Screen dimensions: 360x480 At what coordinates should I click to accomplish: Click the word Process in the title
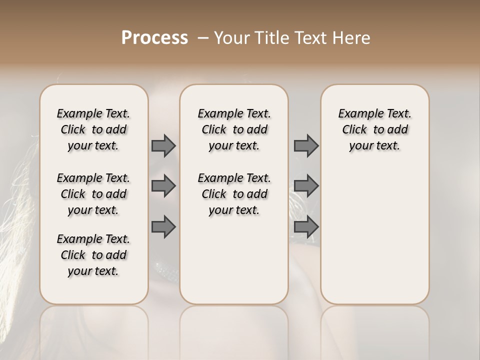154,38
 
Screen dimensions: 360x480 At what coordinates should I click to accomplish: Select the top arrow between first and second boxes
163,145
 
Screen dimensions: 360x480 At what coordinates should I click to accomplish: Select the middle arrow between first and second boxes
163,186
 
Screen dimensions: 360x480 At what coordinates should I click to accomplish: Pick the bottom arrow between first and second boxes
163,226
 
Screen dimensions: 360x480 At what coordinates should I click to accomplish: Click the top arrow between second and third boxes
306,145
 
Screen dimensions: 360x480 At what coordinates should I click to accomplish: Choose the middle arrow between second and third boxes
306,186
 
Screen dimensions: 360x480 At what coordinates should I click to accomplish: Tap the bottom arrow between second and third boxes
306,226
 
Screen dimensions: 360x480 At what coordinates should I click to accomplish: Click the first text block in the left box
93,129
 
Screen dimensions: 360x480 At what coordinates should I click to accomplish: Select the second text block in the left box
93,194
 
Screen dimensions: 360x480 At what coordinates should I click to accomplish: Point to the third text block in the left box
93,255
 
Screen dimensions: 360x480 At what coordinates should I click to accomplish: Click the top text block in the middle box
234,129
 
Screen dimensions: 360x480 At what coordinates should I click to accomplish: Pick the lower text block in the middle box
234,194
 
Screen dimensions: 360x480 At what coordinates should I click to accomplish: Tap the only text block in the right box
374,129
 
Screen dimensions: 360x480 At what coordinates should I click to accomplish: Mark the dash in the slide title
203,38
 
